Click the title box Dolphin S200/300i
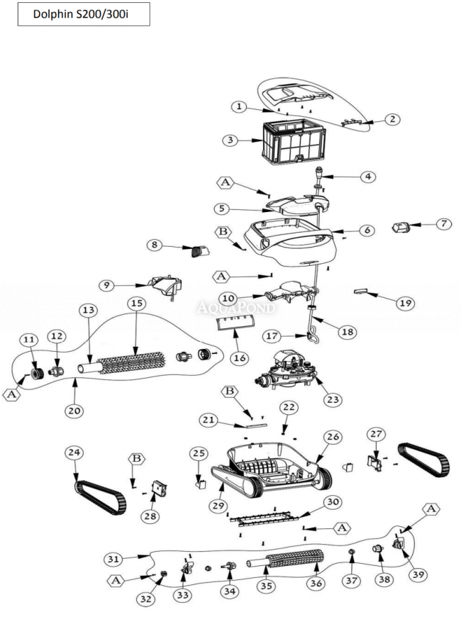click(x=84, y=14)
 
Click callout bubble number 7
click(x=443, y=223)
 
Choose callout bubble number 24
click(x=74, y=452)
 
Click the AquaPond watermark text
click(x=237, y=308)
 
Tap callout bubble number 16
click(x=239, y=358)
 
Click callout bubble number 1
click(x=240, y=106)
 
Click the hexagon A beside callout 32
click(x=116, y=581)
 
